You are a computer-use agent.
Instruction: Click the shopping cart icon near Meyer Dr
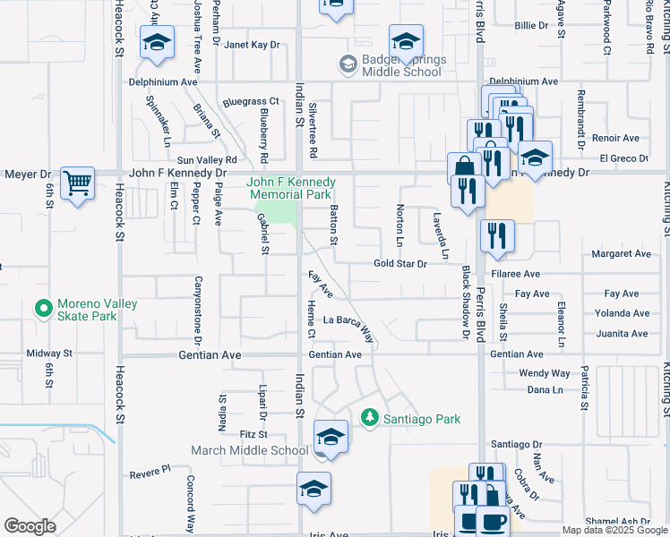point(78,183)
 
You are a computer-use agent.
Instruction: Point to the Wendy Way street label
point(545,372)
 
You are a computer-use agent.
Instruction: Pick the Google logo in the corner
point(30,526)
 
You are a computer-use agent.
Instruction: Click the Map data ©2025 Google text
point(614,530)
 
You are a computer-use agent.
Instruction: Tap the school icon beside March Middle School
point(331,437)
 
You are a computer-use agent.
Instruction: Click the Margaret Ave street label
point(621,254)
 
